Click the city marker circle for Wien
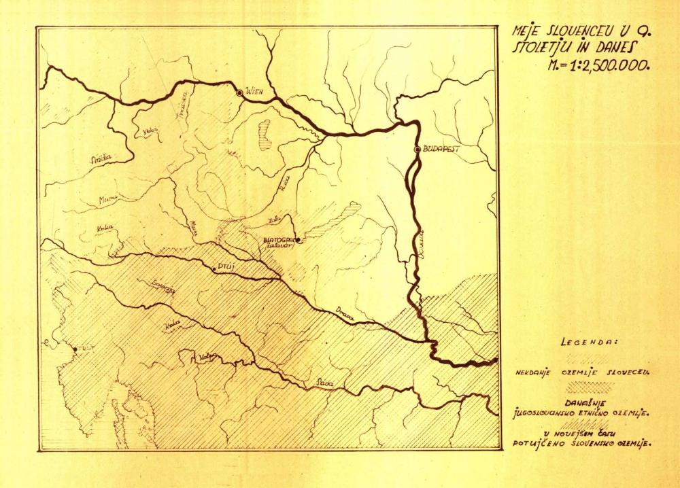(239, 92)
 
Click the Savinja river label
(165, 287)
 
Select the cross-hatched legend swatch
(588, 386)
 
